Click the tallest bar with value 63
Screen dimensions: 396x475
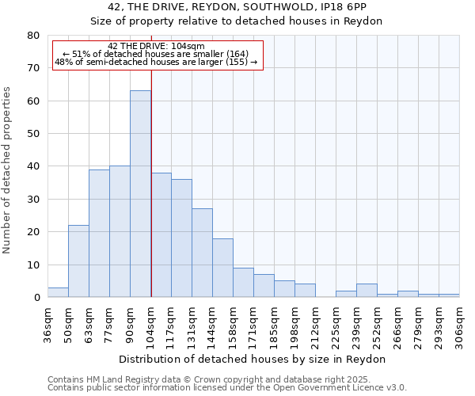coord(140,194)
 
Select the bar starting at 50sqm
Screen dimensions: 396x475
coord(78,261)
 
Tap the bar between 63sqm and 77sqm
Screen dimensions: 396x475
coord(99,234)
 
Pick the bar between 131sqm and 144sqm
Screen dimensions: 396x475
coord(202,253)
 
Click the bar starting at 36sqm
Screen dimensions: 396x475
coord(58,292)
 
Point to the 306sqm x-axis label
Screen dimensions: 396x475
coord(459,325)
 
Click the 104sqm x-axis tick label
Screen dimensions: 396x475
coord(150,325)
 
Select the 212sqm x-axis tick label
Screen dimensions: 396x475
coord(315,325)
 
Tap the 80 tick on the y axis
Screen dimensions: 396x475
coord(32,36)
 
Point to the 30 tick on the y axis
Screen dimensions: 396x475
coord(32,200)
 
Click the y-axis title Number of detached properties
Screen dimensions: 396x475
coord(7,166)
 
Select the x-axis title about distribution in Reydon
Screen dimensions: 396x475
coord(253,359)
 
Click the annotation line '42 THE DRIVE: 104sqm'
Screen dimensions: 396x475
coord(156,46)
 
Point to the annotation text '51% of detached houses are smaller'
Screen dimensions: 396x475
coord(156,54)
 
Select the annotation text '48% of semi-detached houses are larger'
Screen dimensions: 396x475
coord(156,62)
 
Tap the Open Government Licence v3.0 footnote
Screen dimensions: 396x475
coord(227,388)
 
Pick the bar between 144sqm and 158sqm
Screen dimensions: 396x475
coord(222,268)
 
